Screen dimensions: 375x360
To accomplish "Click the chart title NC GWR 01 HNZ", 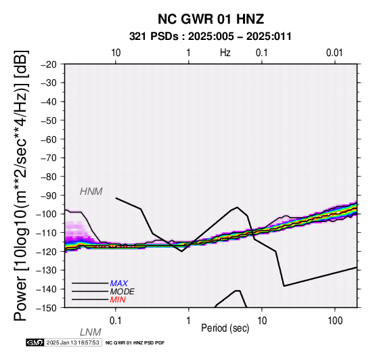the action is coord(211,19).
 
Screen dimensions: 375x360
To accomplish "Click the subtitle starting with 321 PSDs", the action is coord(211,37).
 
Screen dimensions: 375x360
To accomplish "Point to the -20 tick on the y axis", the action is coord(49,64).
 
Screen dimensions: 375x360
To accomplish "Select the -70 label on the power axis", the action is coord(49,158).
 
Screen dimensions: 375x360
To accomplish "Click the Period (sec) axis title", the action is coord(225,328).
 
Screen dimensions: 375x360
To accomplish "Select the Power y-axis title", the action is coord(21,185).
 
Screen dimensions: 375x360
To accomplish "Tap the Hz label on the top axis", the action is coord(225,53).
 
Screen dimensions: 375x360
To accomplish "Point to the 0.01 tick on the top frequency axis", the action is coord(334,53).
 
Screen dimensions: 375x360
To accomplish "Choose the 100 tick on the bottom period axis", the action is coord(335,321).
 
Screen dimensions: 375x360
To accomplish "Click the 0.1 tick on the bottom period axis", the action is coord(116,321).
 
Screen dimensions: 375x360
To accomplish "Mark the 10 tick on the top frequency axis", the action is coord(116,53).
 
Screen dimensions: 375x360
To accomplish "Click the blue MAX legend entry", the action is coord(119,284).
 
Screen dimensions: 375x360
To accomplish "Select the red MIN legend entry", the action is coord(118,300).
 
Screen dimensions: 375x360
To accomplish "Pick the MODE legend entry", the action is coord(123,292).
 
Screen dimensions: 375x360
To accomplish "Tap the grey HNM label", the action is coord(91,192).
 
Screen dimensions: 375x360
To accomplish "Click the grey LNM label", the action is coord(91,332).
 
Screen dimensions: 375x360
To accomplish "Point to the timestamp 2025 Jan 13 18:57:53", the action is coord(72,343).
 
